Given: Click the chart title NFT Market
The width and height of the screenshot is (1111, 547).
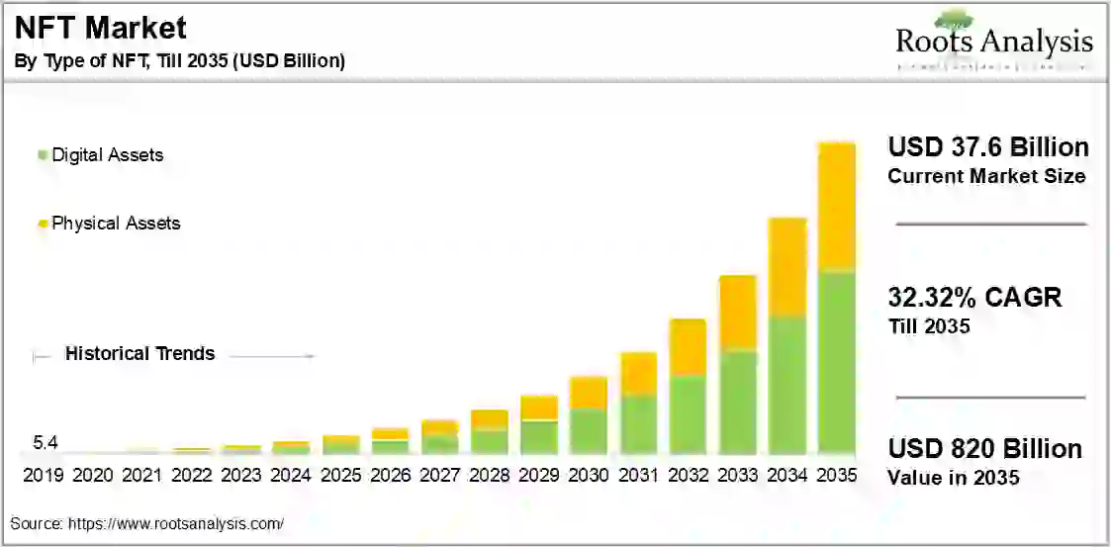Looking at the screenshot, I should [100, 28].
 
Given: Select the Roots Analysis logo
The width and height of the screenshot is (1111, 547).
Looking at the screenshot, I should [993, 42].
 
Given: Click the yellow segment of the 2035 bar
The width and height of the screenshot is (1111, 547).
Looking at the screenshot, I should [836, 205].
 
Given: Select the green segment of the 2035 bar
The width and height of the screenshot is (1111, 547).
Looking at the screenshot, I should [836, 361].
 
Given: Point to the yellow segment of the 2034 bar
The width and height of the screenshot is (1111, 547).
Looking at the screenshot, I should [787, 267].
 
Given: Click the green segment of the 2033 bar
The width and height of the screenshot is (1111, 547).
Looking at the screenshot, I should [737, 402].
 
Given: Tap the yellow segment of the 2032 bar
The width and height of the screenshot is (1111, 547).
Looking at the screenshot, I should [688, 347].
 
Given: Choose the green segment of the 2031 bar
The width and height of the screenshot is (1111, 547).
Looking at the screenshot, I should [638, 424].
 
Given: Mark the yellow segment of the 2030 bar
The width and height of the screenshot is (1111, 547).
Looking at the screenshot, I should [589, 393].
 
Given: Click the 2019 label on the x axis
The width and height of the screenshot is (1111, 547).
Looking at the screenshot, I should [43, 476].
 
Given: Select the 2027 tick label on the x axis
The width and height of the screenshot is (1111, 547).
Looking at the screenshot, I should [439, 476].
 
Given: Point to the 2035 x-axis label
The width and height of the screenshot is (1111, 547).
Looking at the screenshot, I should [836, 476].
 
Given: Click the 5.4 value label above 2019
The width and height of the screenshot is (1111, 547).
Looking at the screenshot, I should [46, 442].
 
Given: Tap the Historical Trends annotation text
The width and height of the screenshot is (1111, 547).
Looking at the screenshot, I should [139, 354].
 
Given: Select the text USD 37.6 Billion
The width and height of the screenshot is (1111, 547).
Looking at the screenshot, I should [987, 148].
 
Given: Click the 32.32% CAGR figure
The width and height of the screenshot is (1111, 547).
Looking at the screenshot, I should [973, 297].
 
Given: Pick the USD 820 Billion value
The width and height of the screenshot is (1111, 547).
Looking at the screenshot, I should [984, 449].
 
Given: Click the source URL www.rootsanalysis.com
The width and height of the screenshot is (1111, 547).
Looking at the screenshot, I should [175, 523].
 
